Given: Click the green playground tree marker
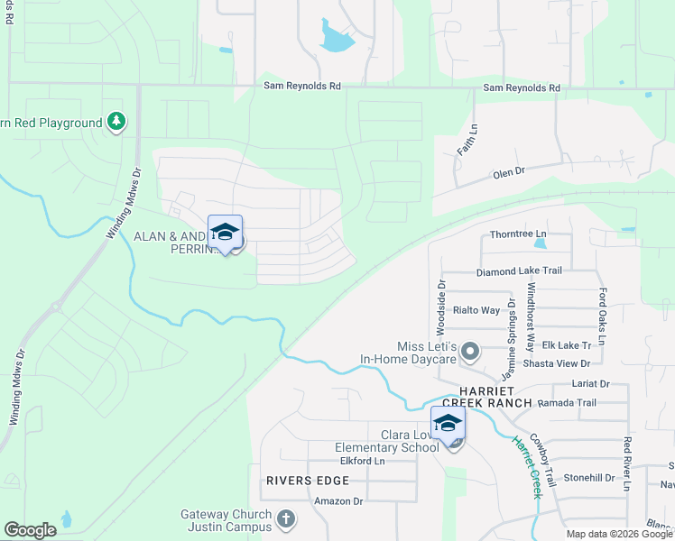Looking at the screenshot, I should coord(116,122).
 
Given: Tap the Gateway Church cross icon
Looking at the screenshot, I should coord(285,519).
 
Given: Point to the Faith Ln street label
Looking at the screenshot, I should coord(466,140).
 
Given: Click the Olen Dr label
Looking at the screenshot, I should coord(509,174).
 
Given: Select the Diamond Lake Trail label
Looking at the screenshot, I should coord(519,271).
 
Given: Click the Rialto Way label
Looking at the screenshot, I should coord(476,310).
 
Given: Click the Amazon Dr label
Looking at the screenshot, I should coord(337,501).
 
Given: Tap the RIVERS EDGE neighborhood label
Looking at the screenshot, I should coord(301,481).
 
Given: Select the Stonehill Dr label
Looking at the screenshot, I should coord(589,478).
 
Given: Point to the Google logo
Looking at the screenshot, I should coord(30,530).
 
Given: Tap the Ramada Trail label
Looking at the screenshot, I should coord(569,403).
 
